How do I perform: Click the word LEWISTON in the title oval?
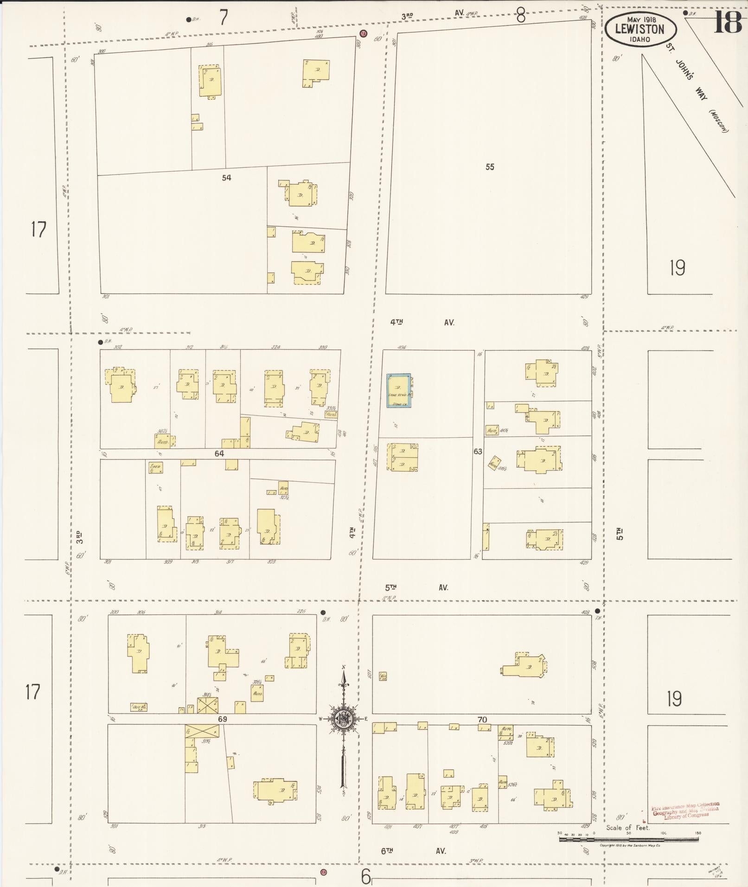(x=639, y=29)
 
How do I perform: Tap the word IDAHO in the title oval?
(x=639, y=40)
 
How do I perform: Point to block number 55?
(x=490, y=167)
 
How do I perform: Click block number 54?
(x=226, y=178)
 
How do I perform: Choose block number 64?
(x=219, y=453)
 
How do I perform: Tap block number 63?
(x=478, y=451)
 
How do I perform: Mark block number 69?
(x=223, y=719)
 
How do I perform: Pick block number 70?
(x=482, y=720)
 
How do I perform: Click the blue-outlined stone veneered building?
(x=399, y=390)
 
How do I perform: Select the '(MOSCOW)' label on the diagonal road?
(x=718, y=121)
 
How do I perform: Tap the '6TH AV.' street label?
(x=413, y=851)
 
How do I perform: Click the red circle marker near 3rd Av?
(x=364, y=33)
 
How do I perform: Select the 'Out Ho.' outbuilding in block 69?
(x=139, y=707)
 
